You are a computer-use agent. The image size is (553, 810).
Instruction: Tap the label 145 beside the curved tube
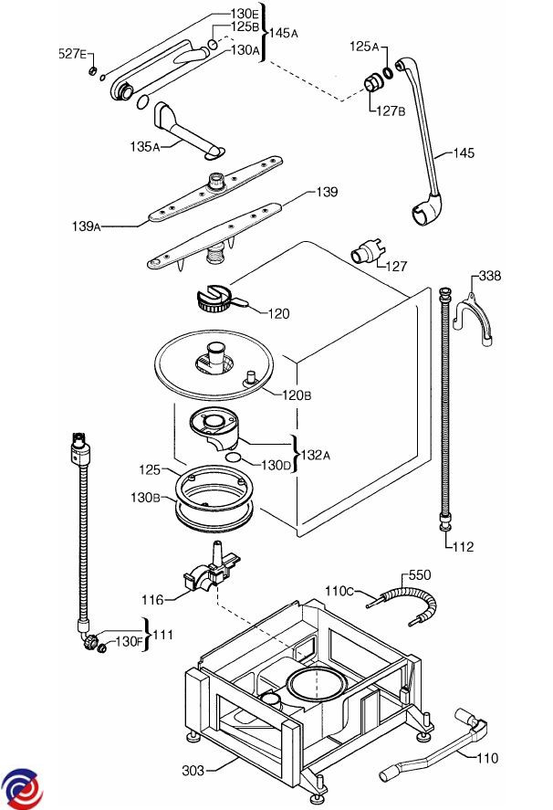pyautogui.click(x=464, y=153)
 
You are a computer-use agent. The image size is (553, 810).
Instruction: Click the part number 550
pyautogui.click(x=419, y=575)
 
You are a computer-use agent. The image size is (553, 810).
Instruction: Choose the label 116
pyautogui.click(x=152, y=600)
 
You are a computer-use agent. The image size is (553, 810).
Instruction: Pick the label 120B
pyautogui.click(x=297, y=394)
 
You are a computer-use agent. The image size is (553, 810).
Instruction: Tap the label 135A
pyautogui.click(x=145, y=145)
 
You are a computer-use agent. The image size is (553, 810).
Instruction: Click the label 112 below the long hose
pyautogui.click(x=463, y=548)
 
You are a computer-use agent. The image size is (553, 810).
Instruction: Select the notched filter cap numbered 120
pyautogui.click(x=216, y=299)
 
